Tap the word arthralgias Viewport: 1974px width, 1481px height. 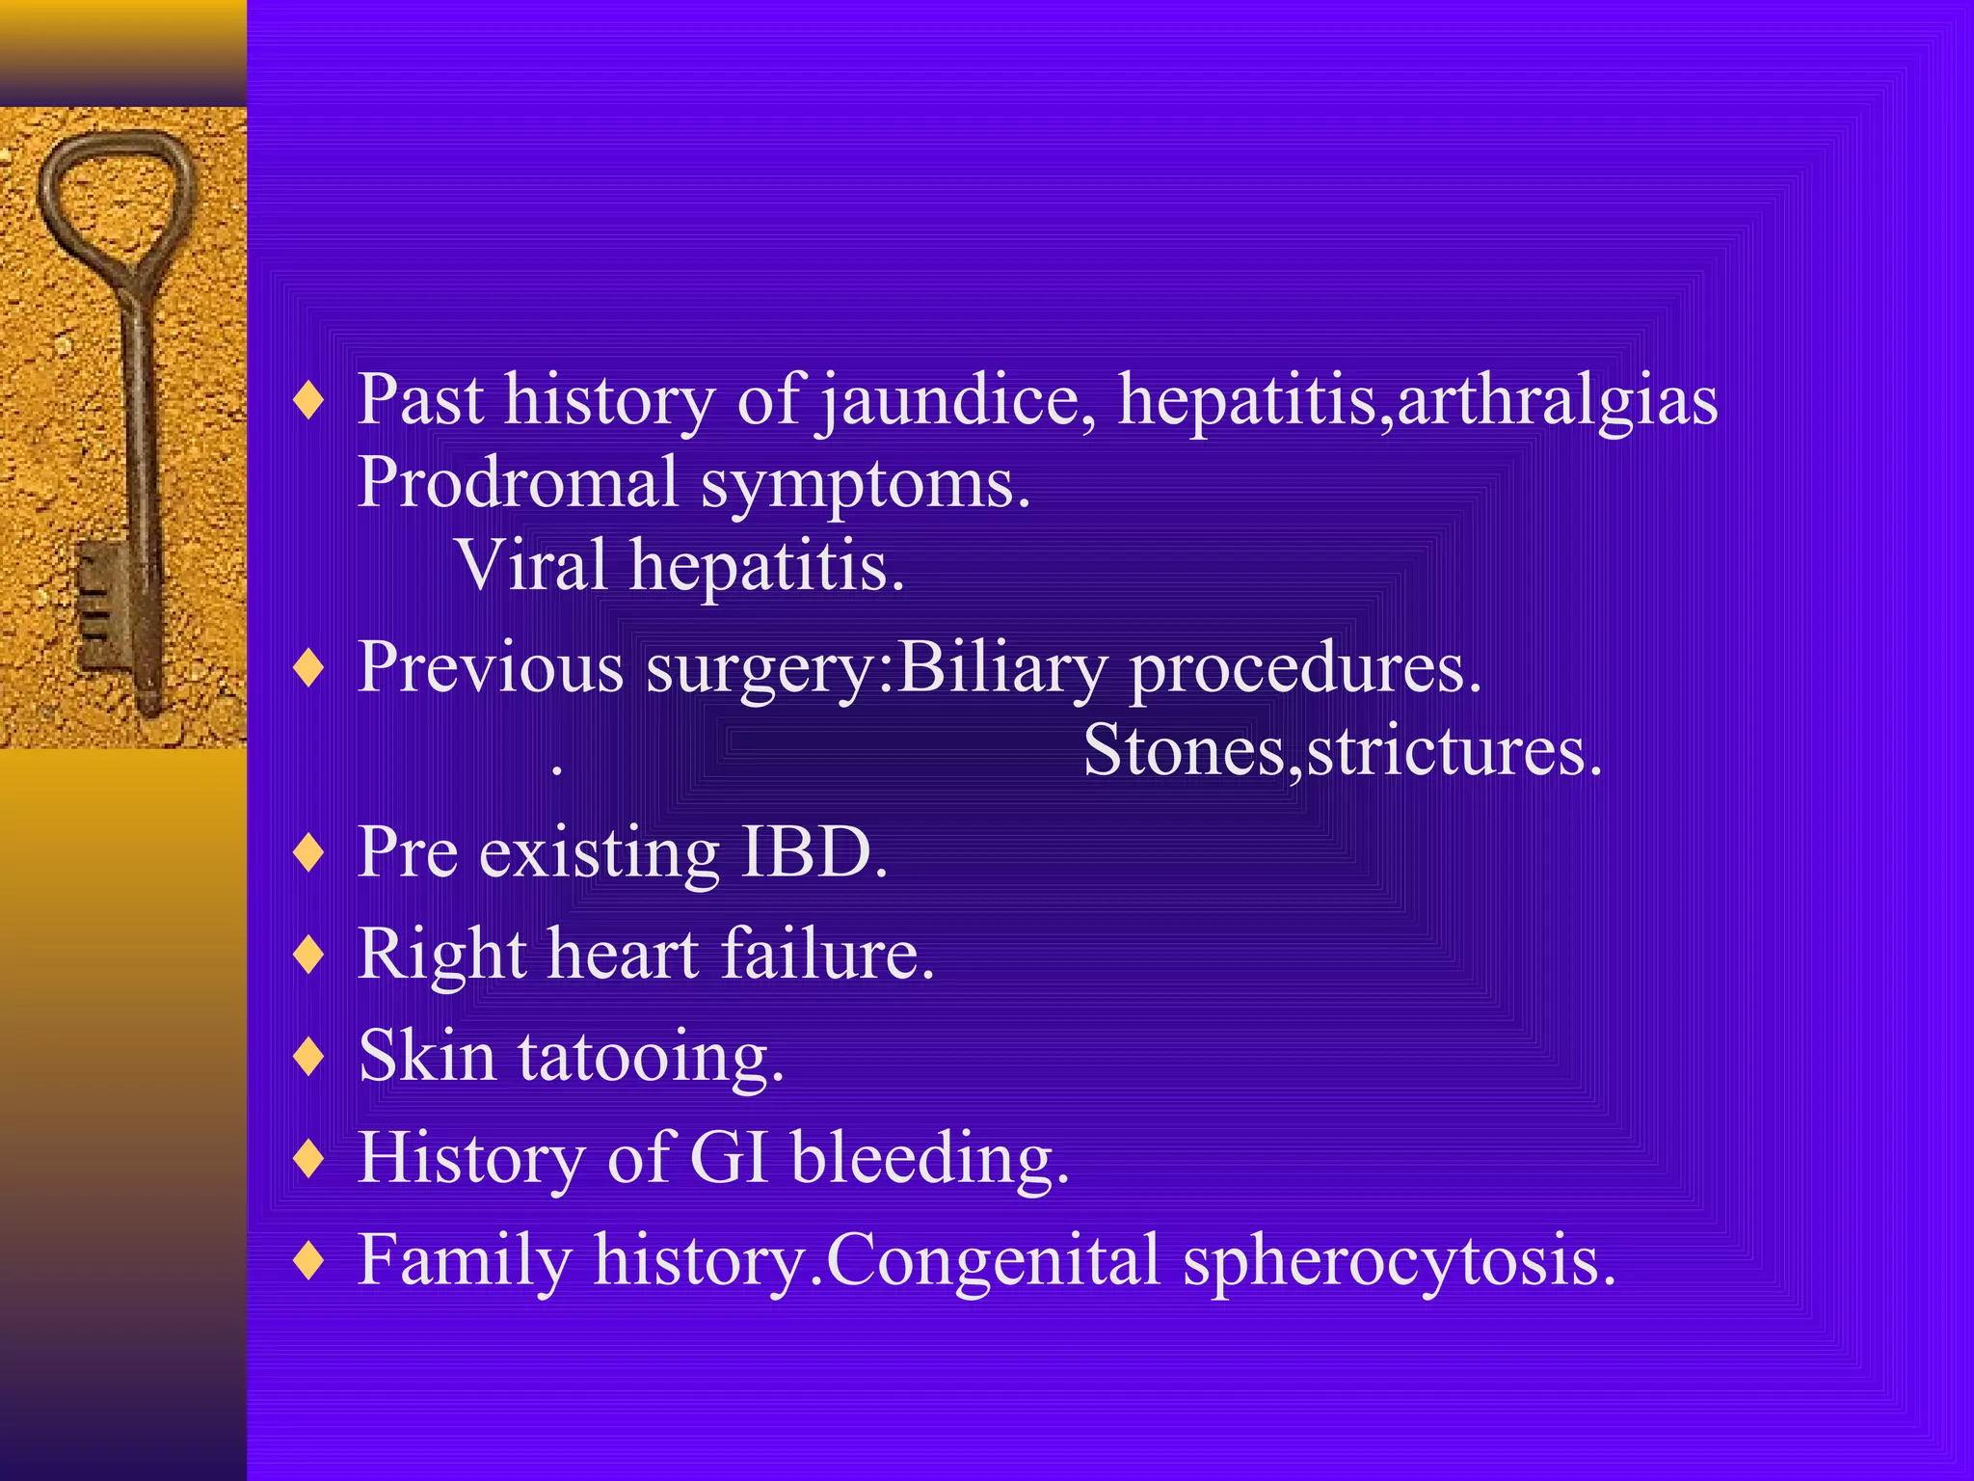[x=1557, y=400]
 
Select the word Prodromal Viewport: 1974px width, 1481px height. [x=519, y=482]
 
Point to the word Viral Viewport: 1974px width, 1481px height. [x=532, y=565]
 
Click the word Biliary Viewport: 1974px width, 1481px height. [x=1001, y=667]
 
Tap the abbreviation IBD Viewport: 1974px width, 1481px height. [x=813, y=852]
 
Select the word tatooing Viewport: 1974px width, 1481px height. [x=651, y=1057]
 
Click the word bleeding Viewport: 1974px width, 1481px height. [x=929, y=1157]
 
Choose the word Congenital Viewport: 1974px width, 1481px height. [x=993, y=1259]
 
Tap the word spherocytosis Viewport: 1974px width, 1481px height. [x=1398, y=1261]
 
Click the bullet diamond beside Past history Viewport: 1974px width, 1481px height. [x=308, y=400]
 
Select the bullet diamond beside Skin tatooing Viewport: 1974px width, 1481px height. [x=308, y=1056]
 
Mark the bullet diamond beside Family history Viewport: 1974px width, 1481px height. [x=308, y=1259]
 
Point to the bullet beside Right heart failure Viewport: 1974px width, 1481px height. [x=308, y=954]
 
